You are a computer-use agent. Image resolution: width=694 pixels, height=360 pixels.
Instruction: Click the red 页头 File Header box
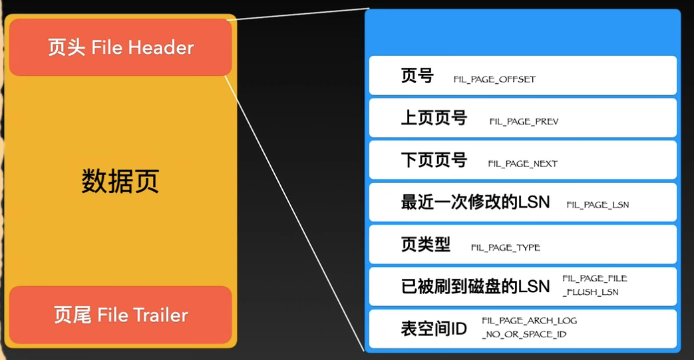(x=120, y=47)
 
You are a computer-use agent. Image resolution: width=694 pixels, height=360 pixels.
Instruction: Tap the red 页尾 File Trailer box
(x=120, y=315)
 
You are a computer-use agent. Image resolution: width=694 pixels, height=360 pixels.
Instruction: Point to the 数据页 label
(x=120, y=181)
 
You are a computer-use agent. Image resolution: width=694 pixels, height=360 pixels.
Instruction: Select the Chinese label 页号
(x=417, y=76)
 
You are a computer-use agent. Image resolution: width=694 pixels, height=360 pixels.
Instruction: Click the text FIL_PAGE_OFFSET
(x=494, y=79)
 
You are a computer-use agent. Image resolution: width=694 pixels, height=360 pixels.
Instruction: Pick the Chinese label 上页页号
(x=434, y=118)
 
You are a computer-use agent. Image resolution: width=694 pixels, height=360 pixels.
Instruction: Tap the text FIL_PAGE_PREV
(x=524, y=122)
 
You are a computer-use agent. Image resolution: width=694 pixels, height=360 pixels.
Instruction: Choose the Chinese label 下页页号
(x=434, y=160)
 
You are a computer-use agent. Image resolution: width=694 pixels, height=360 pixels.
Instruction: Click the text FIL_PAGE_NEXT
(x=522, y=164)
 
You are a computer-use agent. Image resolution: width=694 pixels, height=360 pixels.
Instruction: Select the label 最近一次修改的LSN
(x=475, y=202)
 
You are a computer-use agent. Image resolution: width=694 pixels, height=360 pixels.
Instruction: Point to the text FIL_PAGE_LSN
(x=598, y=206)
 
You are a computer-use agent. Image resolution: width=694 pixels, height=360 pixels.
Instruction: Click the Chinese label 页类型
(x=426, y=244)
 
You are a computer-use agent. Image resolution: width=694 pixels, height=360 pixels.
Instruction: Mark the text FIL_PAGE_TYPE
(x=505, y=248)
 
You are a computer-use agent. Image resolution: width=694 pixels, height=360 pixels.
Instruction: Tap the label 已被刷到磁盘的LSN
(x=475, y=286)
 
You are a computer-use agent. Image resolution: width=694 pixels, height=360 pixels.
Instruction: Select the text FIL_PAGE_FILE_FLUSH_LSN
(x=594, y=285)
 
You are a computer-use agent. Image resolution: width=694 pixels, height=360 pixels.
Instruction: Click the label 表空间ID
(x=434, y=328)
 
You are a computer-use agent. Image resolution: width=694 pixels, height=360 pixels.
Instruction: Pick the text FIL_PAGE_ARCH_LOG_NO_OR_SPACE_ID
(x=529, y=327)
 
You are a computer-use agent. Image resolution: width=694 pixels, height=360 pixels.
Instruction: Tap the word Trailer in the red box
(x=160, y=315)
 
